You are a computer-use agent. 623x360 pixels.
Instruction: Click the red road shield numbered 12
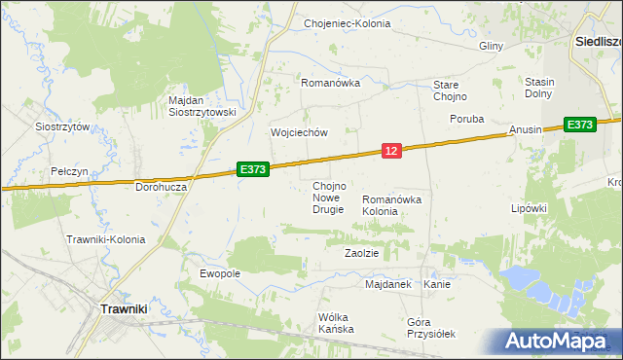[390, 150]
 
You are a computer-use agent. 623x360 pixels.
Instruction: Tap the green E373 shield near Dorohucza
[252, 169]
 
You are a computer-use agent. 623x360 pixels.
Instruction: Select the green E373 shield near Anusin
[579, 125]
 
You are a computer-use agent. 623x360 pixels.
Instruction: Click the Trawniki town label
[125, 308]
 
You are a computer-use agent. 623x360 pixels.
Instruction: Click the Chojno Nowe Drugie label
[328, 198]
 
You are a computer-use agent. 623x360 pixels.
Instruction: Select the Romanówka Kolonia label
[393, 204]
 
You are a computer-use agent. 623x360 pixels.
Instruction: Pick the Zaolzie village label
[361, 252]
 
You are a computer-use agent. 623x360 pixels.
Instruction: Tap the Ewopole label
[220, 274]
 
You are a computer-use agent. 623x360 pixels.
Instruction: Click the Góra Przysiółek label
[431, 328]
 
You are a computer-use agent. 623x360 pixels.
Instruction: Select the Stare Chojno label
[451, 90]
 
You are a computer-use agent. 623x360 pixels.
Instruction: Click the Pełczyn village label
[70, 171]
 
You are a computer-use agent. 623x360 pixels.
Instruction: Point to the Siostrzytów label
[62, 126]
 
